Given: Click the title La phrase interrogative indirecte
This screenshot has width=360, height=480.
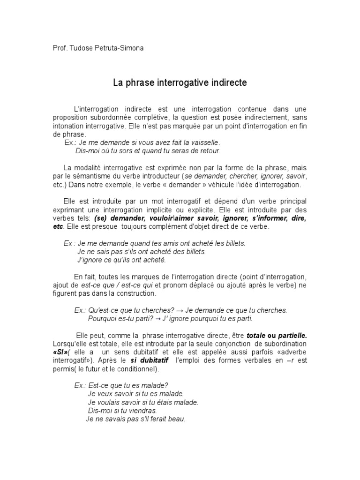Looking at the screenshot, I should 180,83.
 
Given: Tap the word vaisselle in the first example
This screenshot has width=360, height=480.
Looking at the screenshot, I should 204,142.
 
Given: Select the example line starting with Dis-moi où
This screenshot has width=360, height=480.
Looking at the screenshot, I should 148,151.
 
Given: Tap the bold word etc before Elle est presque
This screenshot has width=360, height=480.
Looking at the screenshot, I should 58,226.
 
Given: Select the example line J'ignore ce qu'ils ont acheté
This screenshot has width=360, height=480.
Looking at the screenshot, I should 121,260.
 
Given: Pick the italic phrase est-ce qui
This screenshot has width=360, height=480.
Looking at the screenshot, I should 140,285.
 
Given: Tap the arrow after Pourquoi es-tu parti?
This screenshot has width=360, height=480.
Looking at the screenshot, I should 158,319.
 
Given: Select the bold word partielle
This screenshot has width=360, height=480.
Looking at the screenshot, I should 292,336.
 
